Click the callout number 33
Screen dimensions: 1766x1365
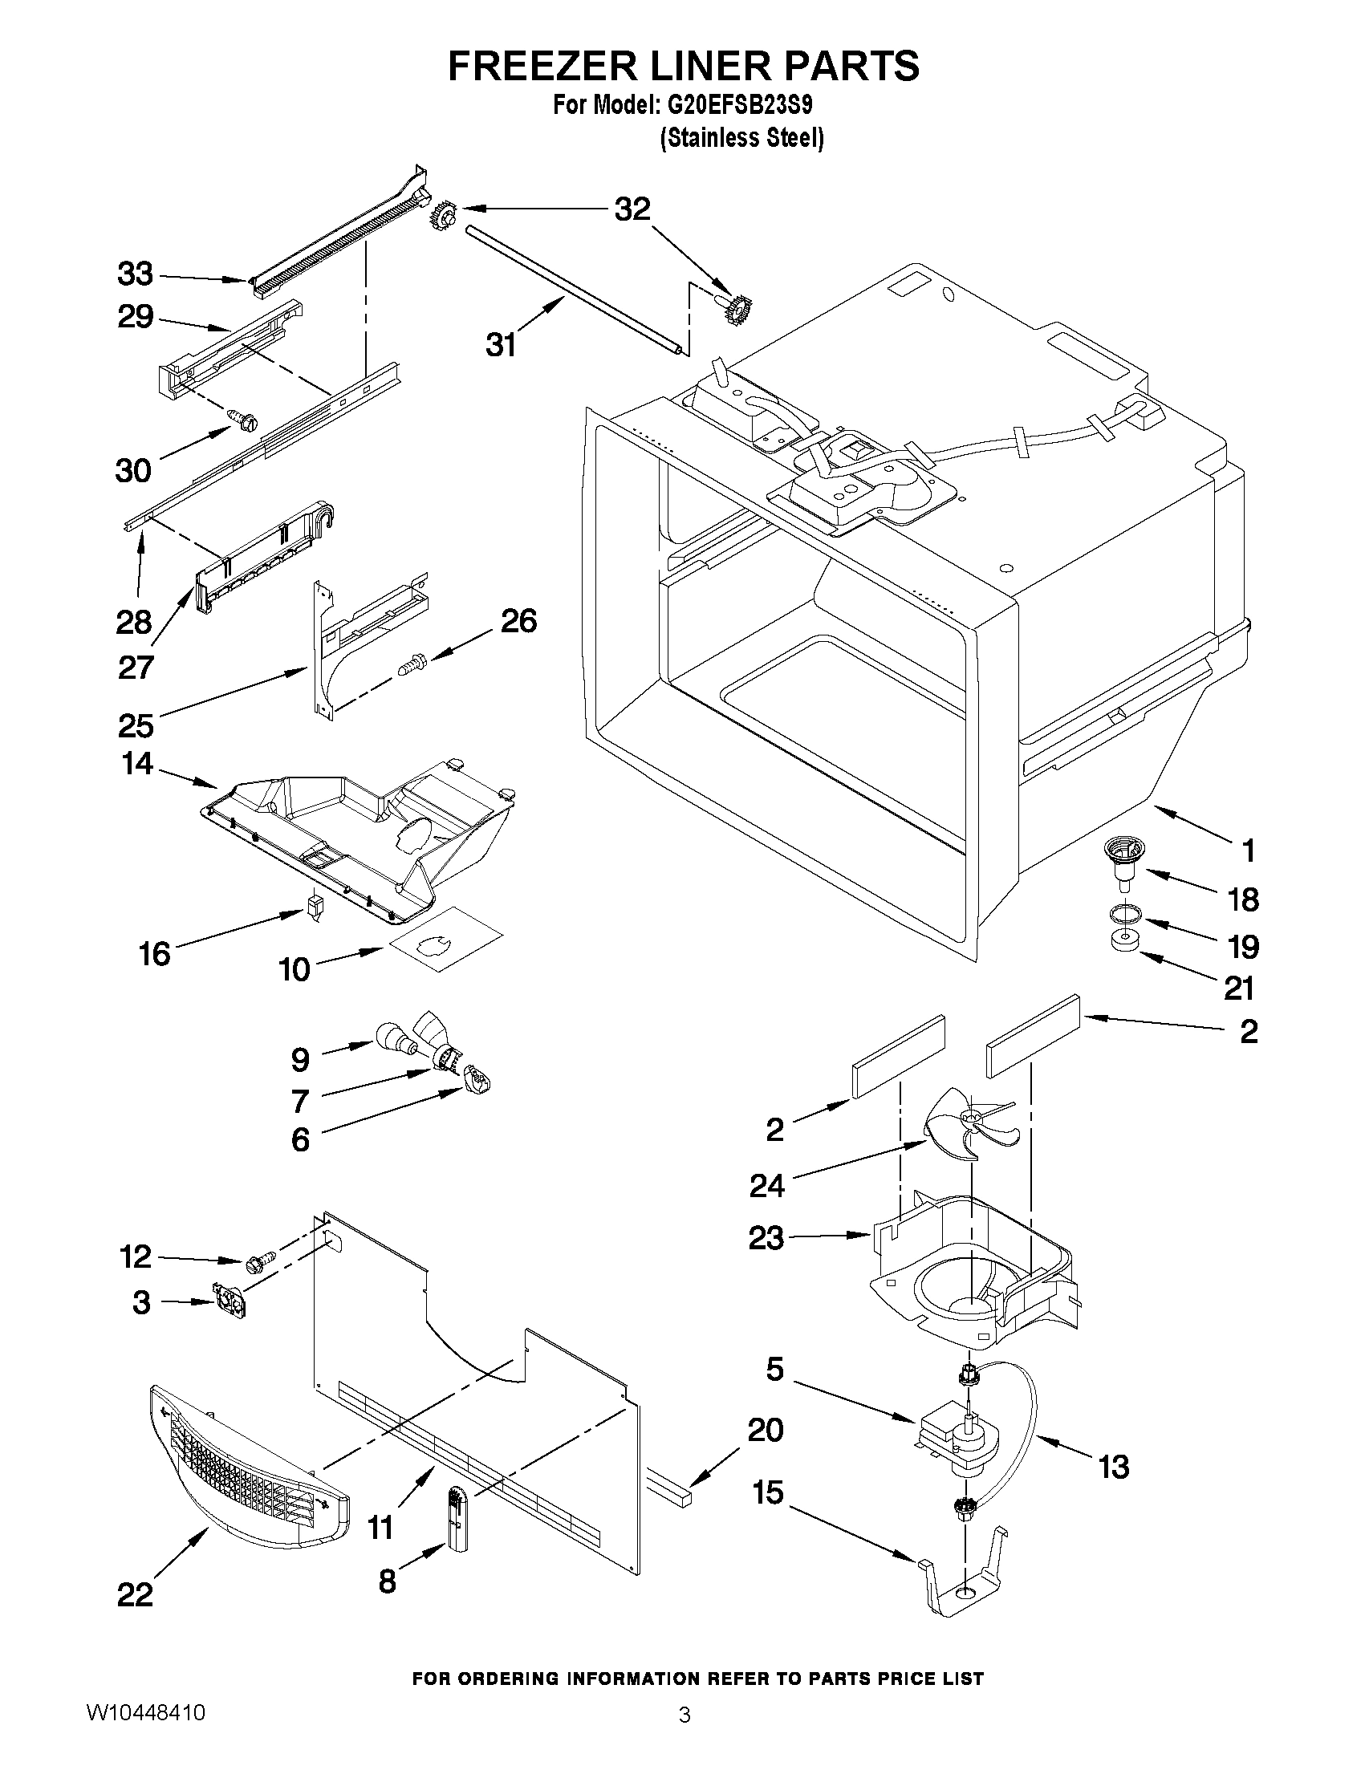(135, 274)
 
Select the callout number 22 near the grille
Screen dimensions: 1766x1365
(135, 1593)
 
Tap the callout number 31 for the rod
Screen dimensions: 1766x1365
(500, 345)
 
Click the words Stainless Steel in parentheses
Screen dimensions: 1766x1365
(741, 138)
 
